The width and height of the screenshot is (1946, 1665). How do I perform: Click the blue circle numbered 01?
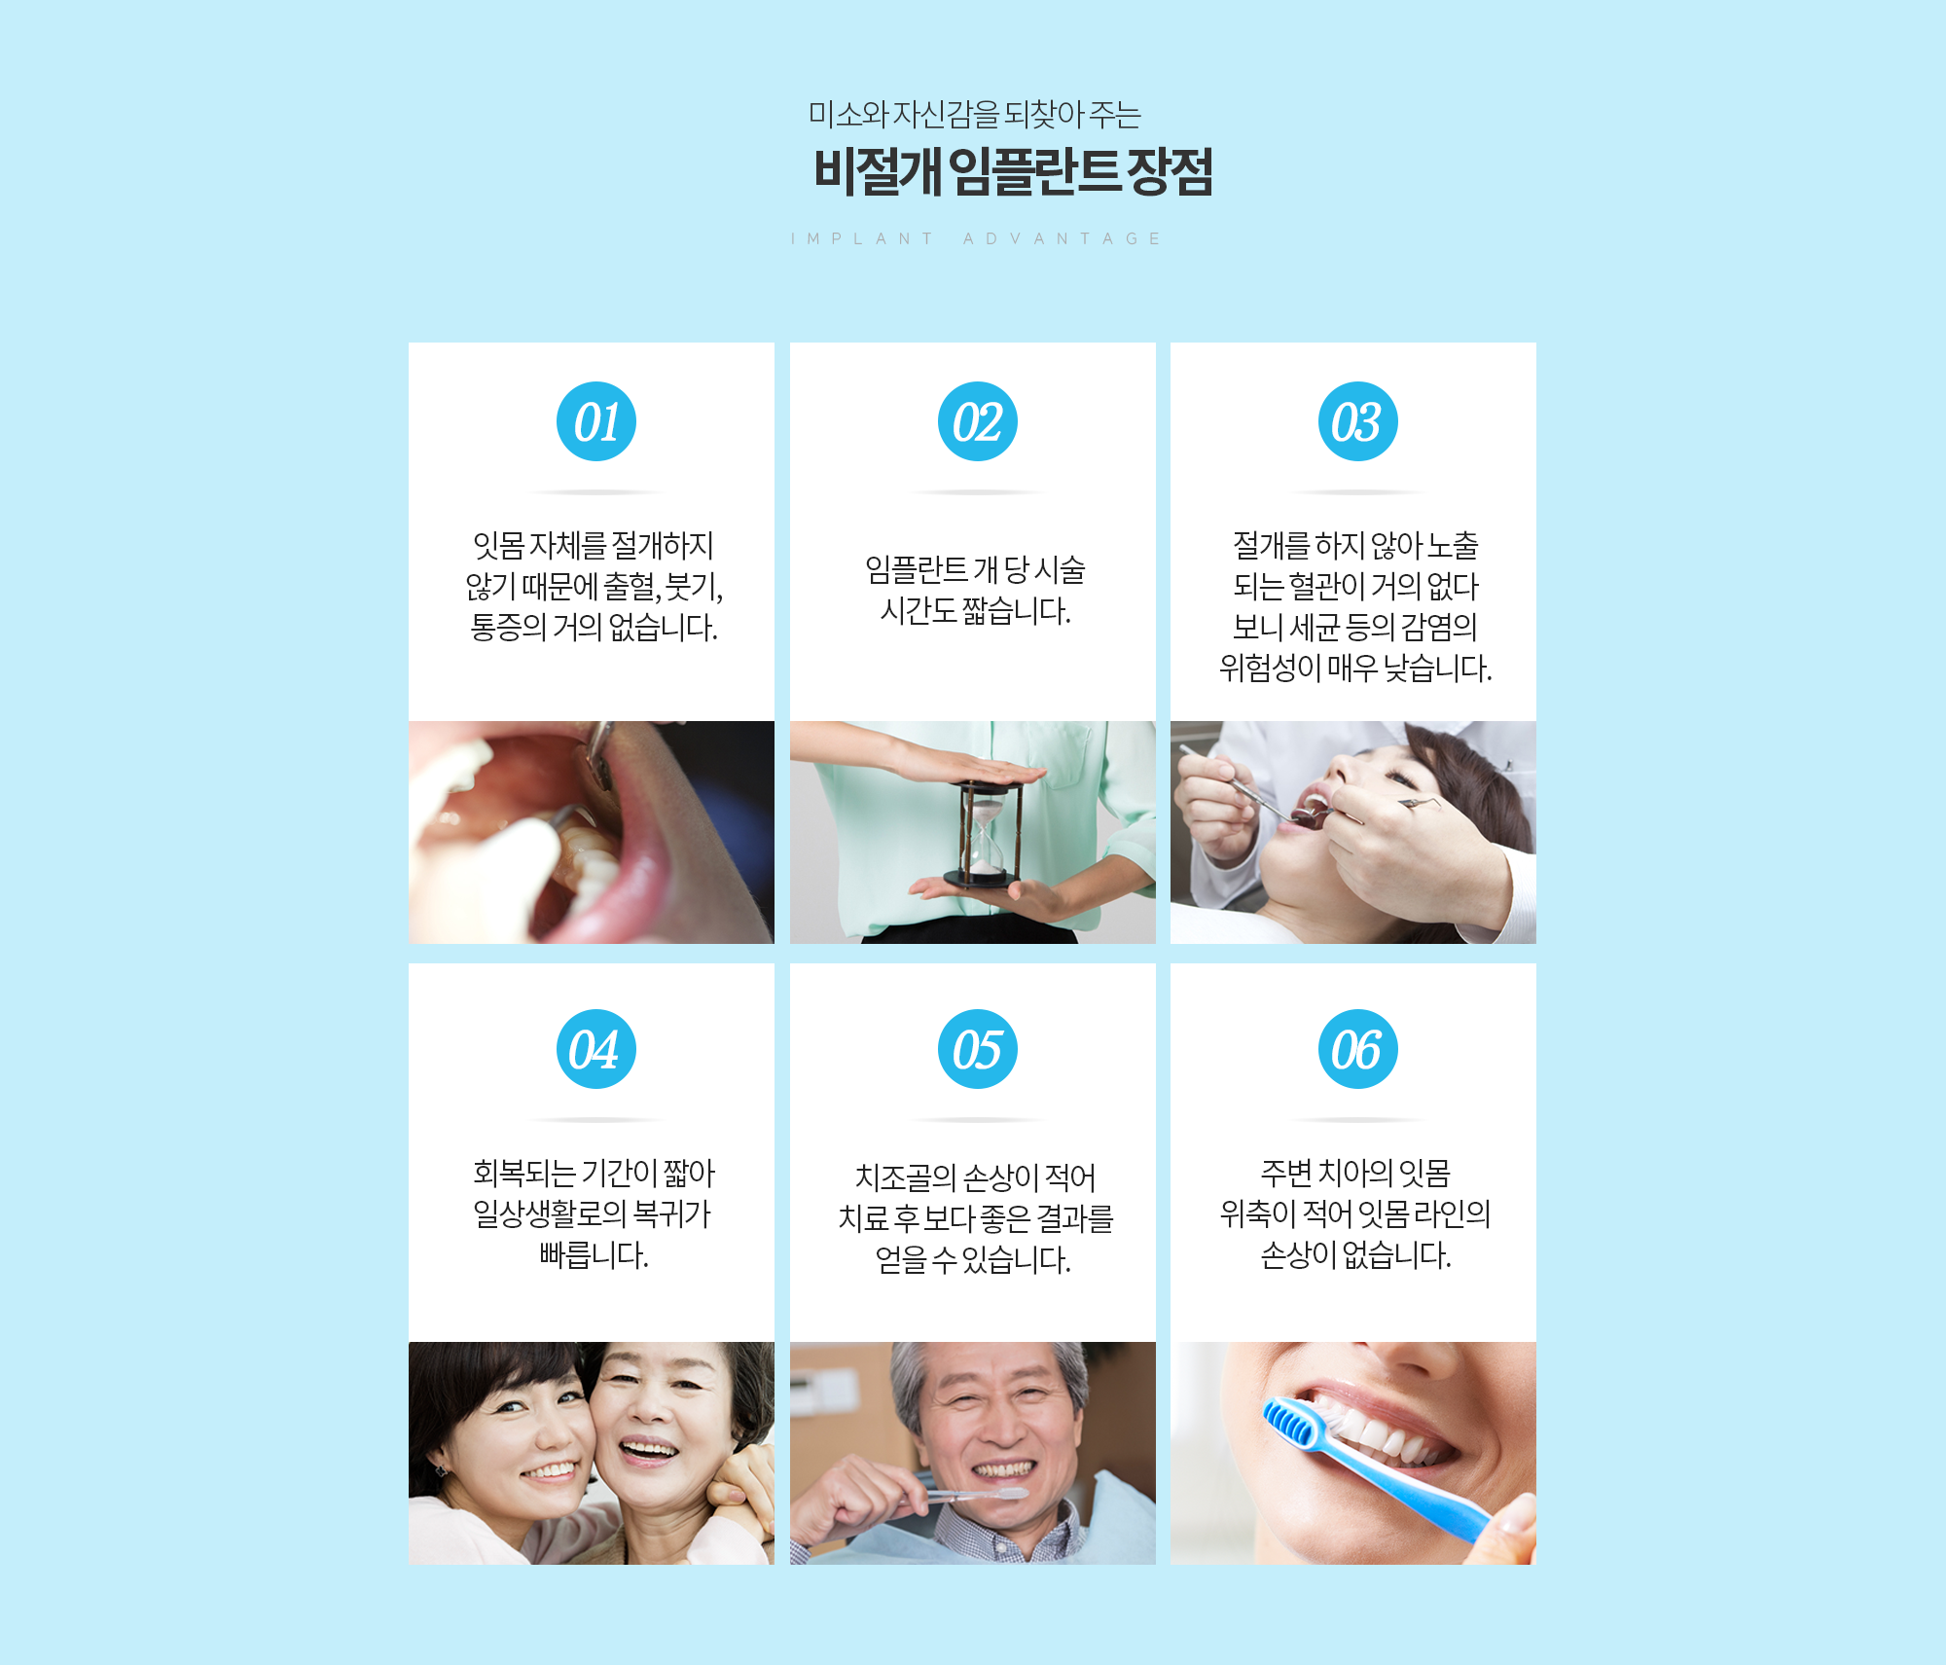click(596, 421)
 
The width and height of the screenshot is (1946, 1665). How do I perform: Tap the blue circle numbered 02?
click(978, 421)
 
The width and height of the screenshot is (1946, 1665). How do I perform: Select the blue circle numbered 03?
click(1358, 421)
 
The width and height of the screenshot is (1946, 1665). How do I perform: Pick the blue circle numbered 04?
click(596, 1049)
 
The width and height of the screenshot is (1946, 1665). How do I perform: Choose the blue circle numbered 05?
click(978, 1049)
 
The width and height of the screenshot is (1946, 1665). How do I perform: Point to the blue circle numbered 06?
click(1358, 1049)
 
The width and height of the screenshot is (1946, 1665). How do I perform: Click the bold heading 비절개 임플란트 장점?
click(1013, 172)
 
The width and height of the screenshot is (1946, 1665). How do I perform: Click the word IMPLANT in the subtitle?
click(862, 238)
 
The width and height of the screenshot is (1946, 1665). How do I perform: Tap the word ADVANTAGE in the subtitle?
click(1062, 238)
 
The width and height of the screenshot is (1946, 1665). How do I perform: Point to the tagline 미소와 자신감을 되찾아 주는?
click(975, 115)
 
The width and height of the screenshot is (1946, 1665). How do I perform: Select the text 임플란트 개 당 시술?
click(975, 569)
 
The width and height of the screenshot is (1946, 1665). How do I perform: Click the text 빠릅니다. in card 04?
click(594, 1255)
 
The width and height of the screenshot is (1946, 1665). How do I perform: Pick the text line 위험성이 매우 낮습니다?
click(1355, 669)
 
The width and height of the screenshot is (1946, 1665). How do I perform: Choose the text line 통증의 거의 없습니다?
click(594, 628)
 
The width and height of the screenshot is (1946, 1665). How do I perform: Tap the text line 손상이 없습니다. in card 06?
click(1355, 1255)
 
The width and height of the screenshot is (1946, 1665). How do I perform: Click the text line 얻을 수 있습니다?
click(973, 1260)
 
